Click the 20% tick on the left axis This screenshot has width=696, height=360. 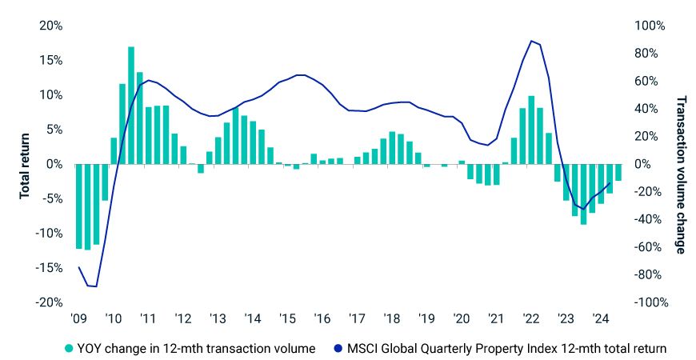[52, 26]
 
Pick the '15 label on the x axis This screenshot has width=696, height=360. [287, 318]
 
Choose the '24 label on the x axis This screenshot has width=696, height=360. [601, 318]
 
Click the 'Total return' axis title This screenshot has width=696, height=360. [25, 164]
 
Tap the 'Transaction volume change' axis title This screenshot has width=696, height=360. [681, 174]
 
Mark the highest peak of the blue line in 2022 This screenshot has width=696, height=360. [531, 41]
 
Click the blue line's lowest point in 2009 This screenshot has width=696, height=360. [96, 286]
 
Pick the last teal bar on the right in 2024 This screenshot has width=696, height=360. [618, 172]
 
